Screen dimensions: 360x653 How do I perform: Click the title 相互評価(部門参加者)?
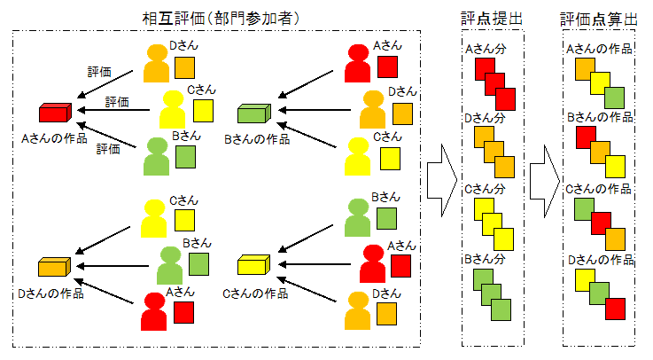click(x=216, y=17)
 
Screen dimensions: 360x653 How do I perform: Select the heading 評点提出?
click(x=493, y=17)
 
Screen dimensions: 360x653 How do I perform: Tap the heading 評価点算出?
click(x=598, y=17)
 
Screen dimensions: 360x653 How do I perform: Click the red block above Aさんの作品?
click(x=54, y=113)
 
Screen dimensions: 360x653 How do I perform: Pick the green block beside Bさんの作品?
click(x=253, y=113)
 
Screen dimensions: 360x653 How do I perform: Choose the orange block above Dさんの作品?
click(x=54, y=267)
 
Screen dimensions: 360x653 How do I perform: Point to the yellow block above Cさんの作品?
click(x=253, y=264)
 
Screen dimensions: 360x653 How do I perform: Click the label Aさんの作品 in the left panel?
click(x=55, y=137)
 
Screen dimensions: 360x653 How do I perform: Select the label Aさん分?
click(x=486, y=50)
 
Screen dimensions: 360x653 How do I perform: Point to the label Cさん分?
click(x=486, y=189)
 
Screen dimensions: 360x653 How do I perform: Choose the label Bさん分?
click(x=486, y=259)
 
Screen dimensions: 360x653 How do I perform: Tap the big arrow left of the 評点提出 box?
click(x=439, y=178)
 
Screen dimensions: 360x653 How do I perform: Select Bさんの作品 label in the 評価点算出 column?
click(x=599, y=117)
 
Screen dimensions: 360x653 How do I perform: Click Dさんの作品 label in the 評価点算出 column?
click(x=599, y=260)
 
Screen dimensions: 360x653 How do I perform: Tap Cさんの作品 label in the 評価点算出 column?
click(x=599, y=188)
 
